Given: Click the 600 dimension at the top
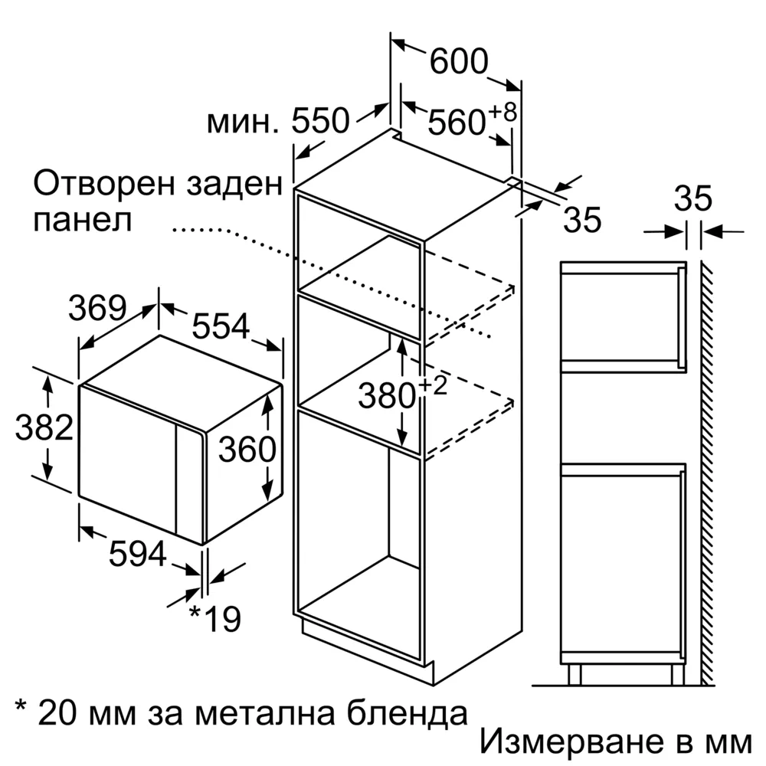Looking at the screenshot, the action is click(459, 61).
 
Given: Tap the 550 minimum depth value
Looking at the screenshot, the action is click(320, 120).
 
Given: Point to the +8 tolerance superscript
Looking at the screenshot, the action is click(502, 112).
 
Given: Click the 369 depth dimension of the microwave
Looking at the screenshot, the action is click(98, 308).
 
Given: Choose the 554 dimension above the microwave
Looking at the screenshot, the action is click(221, 326).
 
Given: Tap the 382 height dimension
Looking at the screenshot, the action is click(44, 427).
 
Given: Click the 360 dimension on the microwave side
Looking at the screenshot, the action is click(247, 449).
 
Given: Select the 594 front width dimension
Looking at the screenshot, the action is click(138, 554).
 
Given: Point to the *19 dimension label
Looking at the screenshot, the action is click(215, 618).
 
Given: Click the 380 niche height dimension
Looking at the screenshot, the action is click(387, 395).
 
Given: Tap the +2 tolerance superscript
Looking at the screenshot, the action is click(434, 385).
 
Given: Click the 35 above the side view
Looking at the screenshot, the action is click(693, 199).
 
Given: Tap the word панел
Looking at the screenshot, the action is click(83, 221).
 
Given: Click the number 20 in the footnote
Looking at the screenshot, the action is click(57, 712).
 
